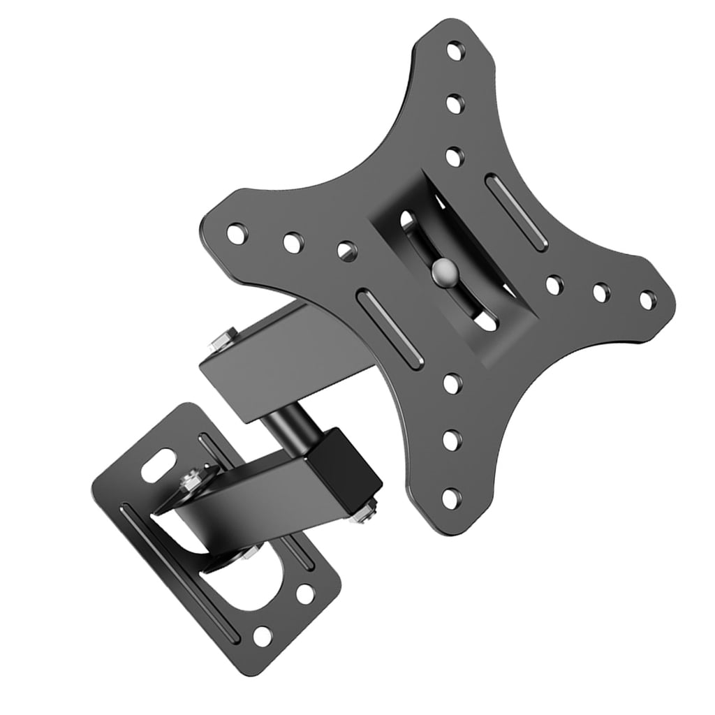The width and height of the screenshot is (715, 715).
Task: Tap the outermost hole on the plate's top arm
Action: (x=455, y=51)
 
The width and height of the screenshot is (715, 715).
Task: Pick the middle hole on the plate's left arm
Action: (x=293, y=242)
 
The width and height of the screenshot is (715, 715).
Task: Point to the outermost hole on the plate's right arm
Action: (x=648, y=300)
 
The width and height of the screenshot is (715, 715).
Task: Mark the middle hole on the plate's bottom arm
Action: (x=452, y=441)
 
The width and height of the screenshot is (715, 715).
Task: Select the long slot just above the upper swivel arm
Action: (x=390, y=329)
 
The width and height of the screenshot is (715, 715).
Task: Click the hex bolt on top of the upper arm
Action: (x=221, y=341)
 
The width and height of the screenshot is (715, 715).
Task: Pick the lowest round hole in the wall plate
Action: (x=263, y=635)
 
